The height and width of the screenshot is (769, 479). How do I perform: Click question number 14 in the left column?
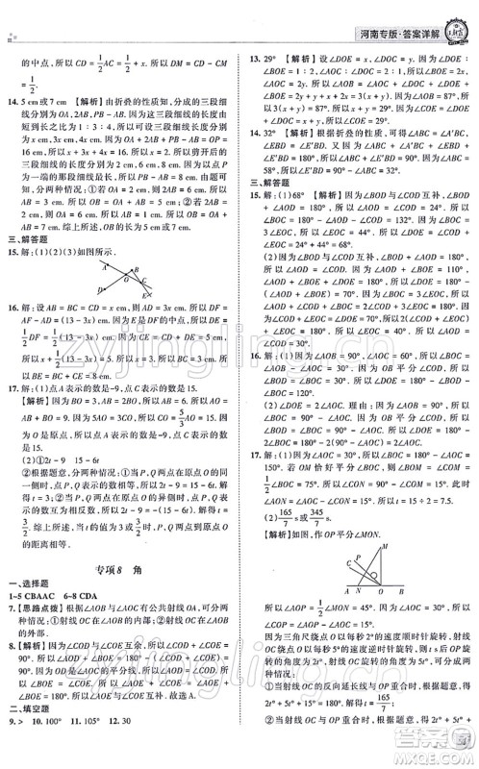pyautogui.click(x=12, y=101)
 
